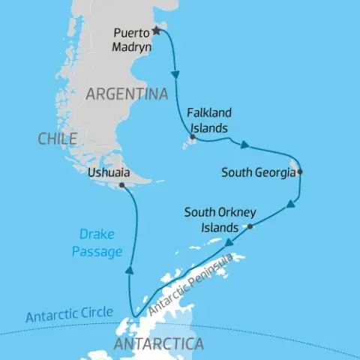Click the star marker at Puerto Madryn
[x=157, y=31]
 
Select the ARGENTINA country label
[x=126, y=94]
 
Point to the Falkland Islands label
[x=209, y=119]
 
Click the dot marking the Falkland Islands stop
[x=193, y=137]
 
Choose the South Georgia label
[x=257, y=172]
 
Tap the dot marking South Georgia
[x=299, y=172]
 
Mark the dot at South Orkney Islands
[x=250, y=226]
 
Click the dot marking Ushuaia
[x=121, y=184]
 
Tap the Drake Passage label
[x=97, y=244]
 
